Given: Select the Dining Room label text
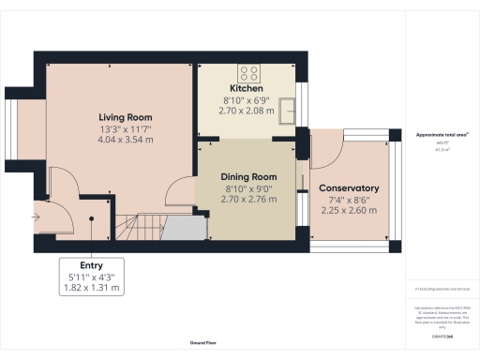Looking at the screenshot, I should tap(248, 176).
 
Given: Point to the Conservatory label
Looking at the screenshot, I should tap(348, 187).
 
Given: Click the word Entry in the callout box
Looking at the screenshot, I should tap(91, 265).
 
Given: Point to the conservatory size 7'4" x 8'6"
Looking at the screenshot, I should tap(348, 199).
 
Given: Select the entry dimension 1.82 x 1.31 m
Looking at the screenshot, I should tap(91, 288).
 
